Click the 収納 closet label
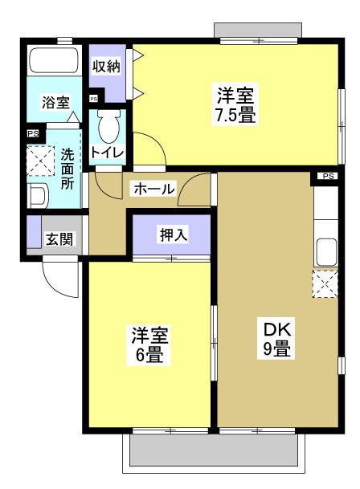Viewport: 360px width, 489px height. (x=106, y=67)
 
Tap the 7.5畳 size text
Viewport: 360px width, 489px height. (x=235, y=115)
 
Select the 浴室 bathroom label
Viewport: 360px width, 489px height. (x=55, y=102)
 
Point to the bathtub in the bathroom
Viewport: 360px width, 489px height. (x=52, y=62)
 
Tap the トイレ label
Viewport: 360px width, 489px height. (x=106, y=153)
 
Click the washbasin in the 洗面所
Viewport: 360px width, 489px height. (x=36, y=195)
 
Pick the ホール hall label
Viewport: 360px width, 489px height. (x=153, y=189)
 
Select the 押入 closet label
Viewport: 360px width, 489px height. (x=173, y=234)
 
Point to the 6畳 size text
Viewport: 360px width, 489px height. (x=149, y=354)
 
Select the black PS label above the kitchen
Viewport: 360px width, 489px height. (x=327, y=176)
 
